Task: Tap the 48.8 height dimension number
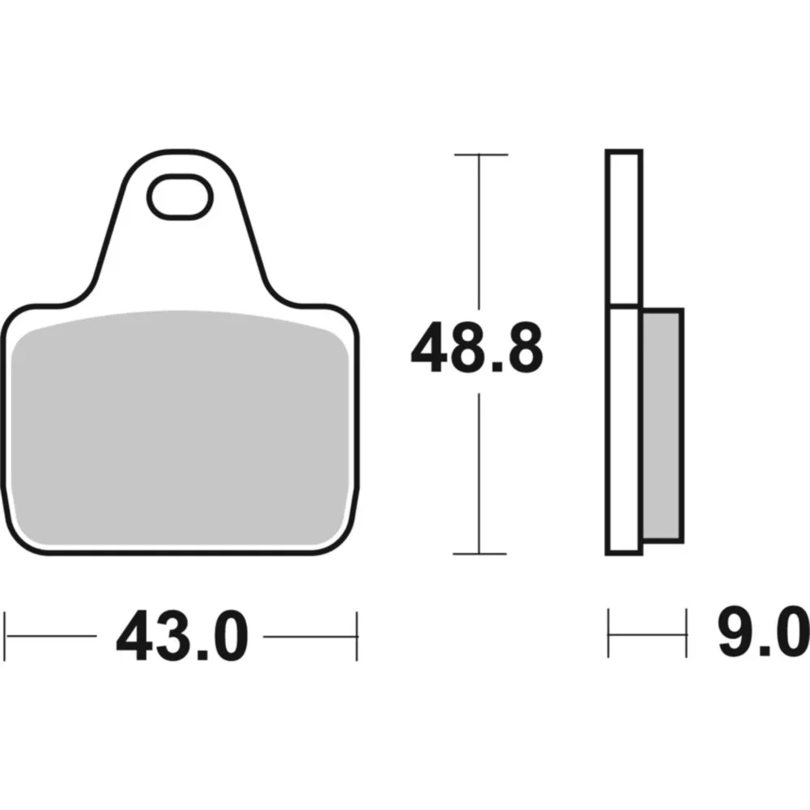[x=477, y=347]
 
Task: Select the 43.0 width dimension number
[x=182, y=636]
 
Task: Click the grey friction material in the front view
[x=180, y=428]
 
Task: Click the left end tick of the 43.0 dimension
[x=5, y=637]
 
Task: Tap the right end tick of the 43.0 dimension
[x=356, y=637]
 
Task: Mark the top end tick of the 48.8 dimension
[x=481, y=155]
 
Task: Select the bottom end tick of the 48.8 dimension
[x=480, y=554]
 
